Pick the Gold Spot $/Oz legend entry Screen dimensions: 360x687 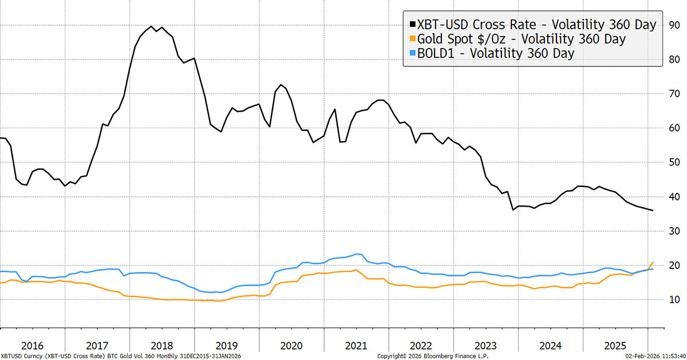coord(521,39)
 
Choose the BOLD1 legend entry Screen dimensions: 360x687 coord(496,53)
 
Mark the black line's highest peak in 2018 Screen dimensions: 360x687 coord(151,26)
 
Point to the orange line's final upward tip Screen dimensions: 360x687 coord(653,262)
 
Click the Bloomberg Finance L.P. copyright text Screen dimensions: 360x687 coord(429,355)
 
